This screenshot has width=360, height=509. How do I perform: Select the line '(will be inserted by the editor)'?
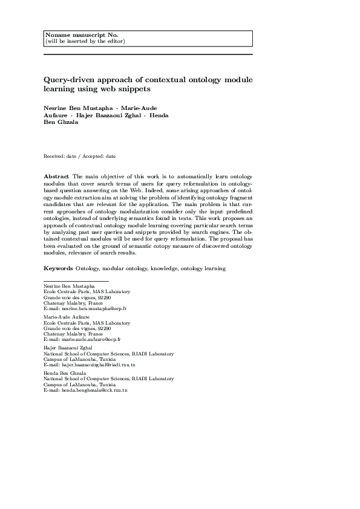point(85,41)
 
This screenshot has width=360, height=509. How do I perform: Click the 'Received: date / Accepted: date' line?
point(80,156)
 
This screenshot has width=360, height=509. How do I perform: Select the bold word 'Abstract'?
point(56,175)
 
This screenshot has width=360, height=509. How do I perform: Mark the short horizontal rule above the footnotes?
point(76,281)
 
